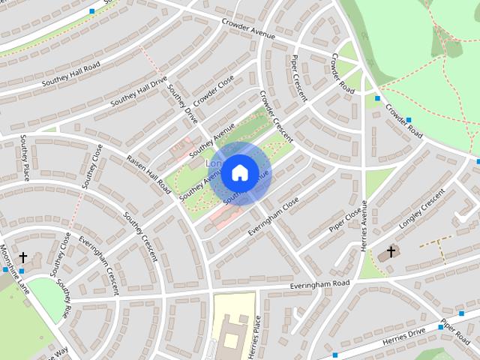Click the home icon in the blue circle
tap(239, 172)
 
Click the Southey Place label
tap(25, 157)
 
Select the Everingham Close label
tap(274, 214)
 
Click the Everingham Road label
tap(320, 285)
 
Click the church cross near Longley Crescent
tap(391, 250)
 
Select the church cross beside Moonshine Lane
tap(22, 256)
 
